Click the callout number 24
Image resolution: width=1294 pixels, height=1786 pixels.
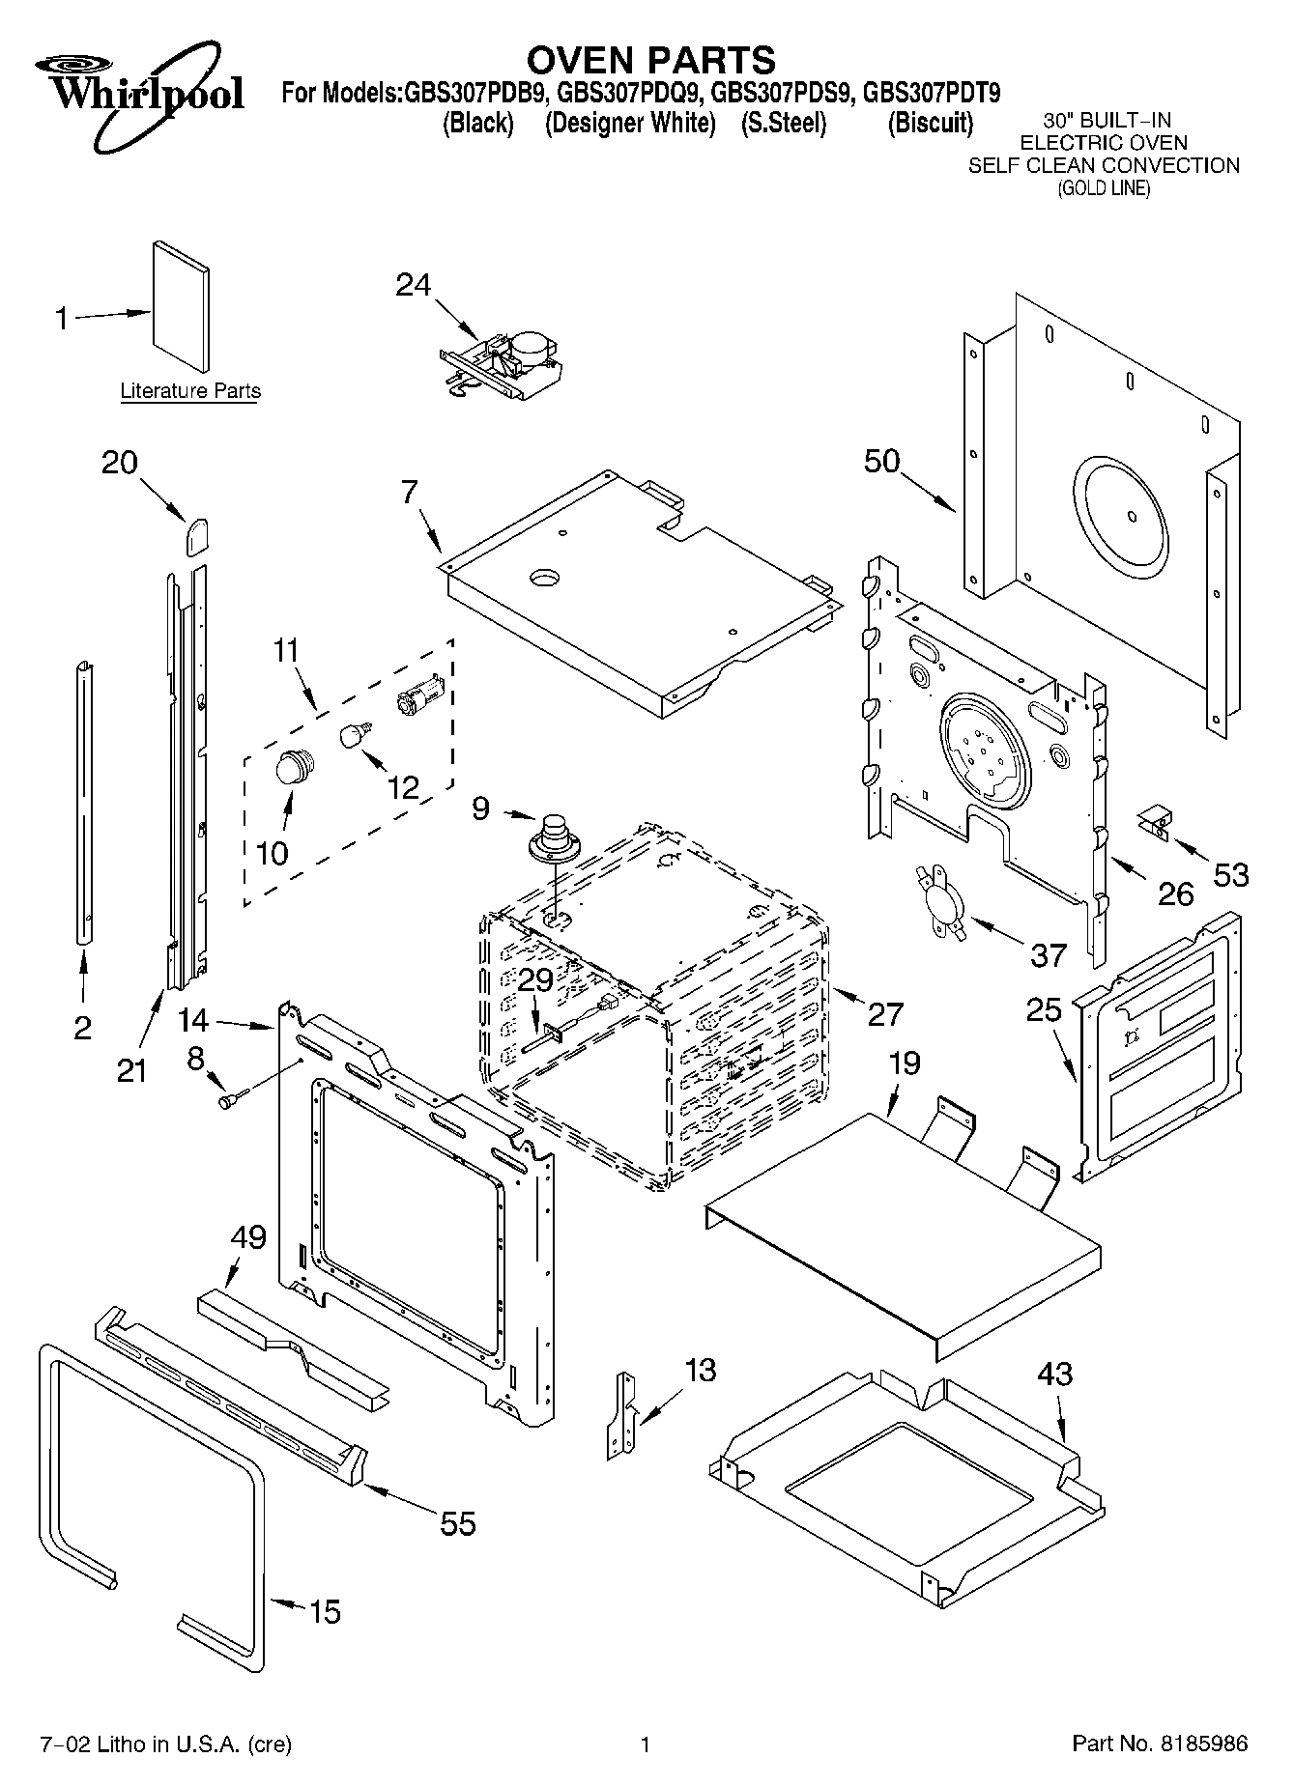(x=413, y=285)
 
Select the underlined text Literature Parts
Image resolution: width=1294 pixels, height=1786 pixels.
(x=190, y=391)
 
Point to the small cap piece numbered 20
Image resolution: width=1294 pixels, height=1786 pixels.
(x=197, y=533)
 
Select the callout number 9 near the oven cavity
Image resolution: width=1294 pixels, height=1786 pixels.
(x=480, y=808)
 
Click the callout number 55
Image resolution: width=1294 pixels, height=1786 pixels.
(x=458, y=1523)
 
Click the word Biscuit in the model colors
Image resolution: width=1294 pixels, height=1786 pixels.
(x=930, y=124)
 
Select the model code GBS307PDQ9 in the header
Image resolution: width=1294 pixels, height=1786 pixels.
(x=630, y=94)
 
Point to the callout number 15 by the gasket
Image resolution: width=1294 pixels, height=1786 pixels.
(x=325, y=1611)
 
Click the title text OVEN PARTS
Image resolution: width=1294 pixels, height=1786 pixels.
(x=651, y=60)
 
